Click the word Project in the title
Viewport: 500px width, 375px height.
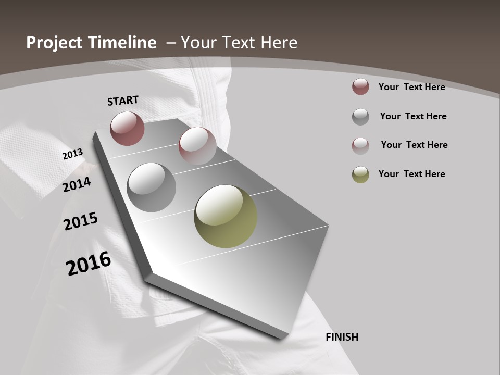(x=55, y=43)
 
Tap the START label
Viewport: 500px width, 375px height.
(x=123, y=101)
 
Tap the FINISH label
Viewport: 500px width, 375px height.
(x=342, y=337)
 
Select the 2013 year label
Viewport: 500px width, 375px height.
(x=73, y=154)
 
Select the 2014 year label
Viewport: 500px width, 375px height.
(x=77, y=184)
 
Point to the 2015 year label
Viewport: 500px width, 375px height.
(x=81, y=221)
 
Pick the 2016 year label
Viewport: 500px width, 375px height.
(x=89, y=264)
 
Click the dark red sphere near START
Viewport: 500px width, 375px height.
(x=127, y=128)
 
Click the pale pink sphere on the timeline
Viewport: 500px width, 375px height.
(x=197, y=145)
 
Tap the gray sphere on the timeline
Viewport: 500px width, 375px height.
(x=151, y=187)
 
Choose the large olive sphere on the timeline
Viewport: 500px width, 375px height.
(x=226, y=216)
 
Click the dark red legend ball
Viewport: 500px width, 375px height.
(x=360, y=86)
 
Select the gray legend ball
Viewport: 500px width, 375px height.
(x=360, y=117)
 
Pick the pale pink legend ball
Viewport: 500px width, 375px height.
(x=360, y=146)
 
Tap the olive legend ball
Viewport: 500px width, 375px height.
(x=360, y=174)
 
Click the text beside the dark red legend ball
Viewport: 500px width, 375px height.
(x=411, y=87)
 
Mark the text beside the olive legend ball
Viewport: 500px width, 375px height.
(x=411, y=174)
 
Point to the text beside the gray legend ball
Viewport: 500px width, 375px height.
(x=413, y=116)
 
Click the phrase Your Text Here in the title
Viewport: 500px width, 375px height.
(x=239, y=43)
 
